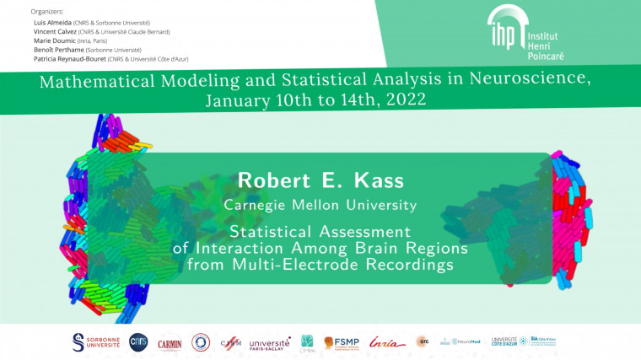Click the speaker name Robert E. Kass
click(x=320, y=180)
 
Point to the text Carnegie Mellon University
click(x=320, y=205)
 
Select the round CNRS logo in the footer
click(x=138, y=341)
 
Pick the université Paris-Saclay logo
click(x=269, y=342)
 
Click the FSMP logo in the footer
click(x=341, y=342)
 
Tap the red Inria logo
click(x=386, y=342)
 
